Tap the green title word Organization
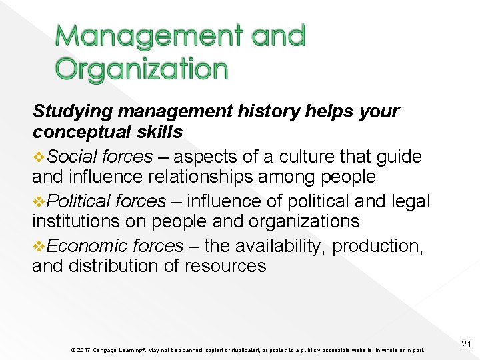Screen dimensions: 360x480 (141, 69)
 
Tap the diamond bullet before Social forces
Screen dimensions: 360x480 (39, 157)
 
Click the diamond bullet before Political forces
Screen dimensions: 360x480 (39, 201)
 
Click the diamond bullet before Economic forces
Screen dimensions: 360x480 (39, 246)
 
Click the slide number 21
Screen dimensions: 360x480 (466, 344)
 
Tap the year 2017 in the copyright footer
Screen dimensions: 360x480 (84, 350)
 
